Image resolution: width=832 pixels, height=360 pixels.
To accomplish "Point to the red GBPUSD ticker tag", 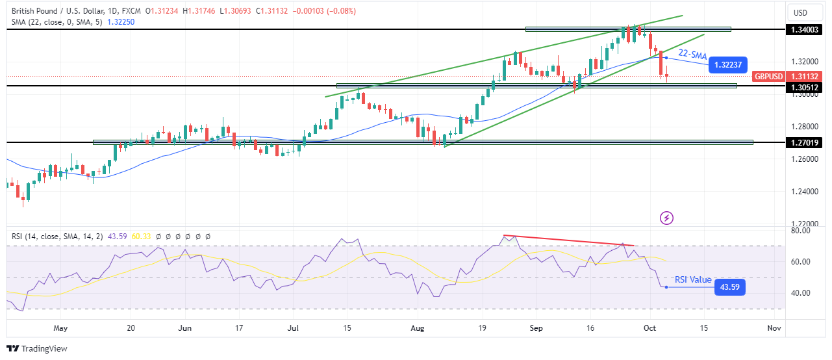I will click(767, 76).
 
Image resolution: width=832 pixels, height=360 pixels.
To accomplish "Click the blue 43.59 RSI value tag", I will click(729, 287).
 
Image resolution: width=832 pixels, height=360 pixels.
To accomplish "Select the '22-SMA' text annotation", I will click(692, 56).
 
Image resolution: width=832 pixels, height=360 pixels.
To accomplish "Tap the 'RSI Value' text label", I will click(693, 279).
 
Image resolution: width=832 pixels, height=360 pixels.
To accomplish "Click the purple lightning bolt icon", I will click(666, 218).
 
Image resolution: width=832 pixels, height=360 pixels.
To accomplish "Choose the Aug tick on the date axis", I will click(418, 328).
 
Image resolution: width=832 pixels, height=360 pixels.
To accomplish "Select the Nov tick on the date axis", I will click(774, 328).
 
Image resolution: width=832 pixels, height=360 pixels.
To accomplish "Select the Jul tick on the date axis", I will click(294, 328).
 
